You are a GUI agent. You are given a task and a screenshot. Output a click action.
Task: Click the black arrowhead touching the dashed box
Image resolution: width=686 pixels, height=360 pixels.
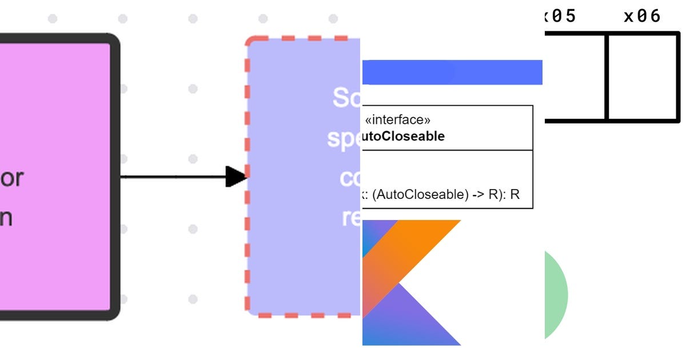click(x=236, y=177)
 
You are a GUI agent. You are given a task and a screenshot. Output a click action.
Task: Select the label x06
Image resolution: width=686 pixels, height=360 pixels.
click(x=642, y=16)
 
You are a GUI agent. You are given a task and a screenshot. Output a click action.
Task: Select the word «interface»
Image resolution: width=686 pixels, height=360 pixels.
click(x=397, y=120)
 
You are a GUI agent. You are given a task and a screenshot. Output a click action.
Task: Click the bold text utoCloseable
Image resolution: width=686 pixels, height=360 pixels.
click(x=404, y=137)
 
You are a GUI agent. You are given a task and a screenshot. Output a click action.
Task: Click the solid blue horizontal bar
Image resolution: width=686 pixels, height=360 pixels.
click(x=452, y=72)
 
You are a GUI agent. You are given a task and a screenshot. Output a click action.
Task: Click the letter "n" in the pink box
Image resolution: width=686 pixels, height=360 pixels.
click(x=6, y=218)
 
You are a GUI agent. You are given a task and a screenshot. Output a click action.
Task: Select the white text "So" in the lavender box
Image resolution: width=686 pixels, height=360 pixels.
click(x=346, y=98)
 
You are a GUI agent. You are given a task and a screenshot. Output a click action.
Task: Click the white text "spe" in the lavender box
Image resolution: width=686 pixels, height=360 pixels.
click(x=343, y=139)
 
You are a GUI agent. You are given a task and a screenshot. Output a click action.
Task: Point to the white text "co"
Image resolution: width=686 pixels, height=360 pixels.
click(x=349, y=178)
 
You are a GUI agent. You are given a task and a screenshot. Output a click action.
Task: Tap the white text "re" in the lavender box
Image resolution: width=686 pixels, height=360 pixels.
click(x=350, y=217)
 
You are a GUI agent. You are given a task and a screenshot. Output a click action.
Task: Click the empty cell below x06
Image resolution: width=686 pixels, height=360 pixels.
click(x=642, y=77)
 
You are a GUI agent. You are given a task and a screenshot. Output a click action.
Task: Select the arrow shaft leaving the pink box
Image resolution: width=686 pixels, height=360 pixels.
click(x=171, y=177)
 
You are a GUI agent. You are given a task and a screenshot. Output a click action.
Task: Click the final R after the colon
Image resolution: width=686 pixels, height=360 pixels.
click(x=514, y=194)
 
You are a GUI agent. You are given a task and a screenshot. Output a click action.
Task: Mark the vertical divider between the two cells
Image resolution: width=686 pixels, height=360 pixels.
click(x=607, y=77)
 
